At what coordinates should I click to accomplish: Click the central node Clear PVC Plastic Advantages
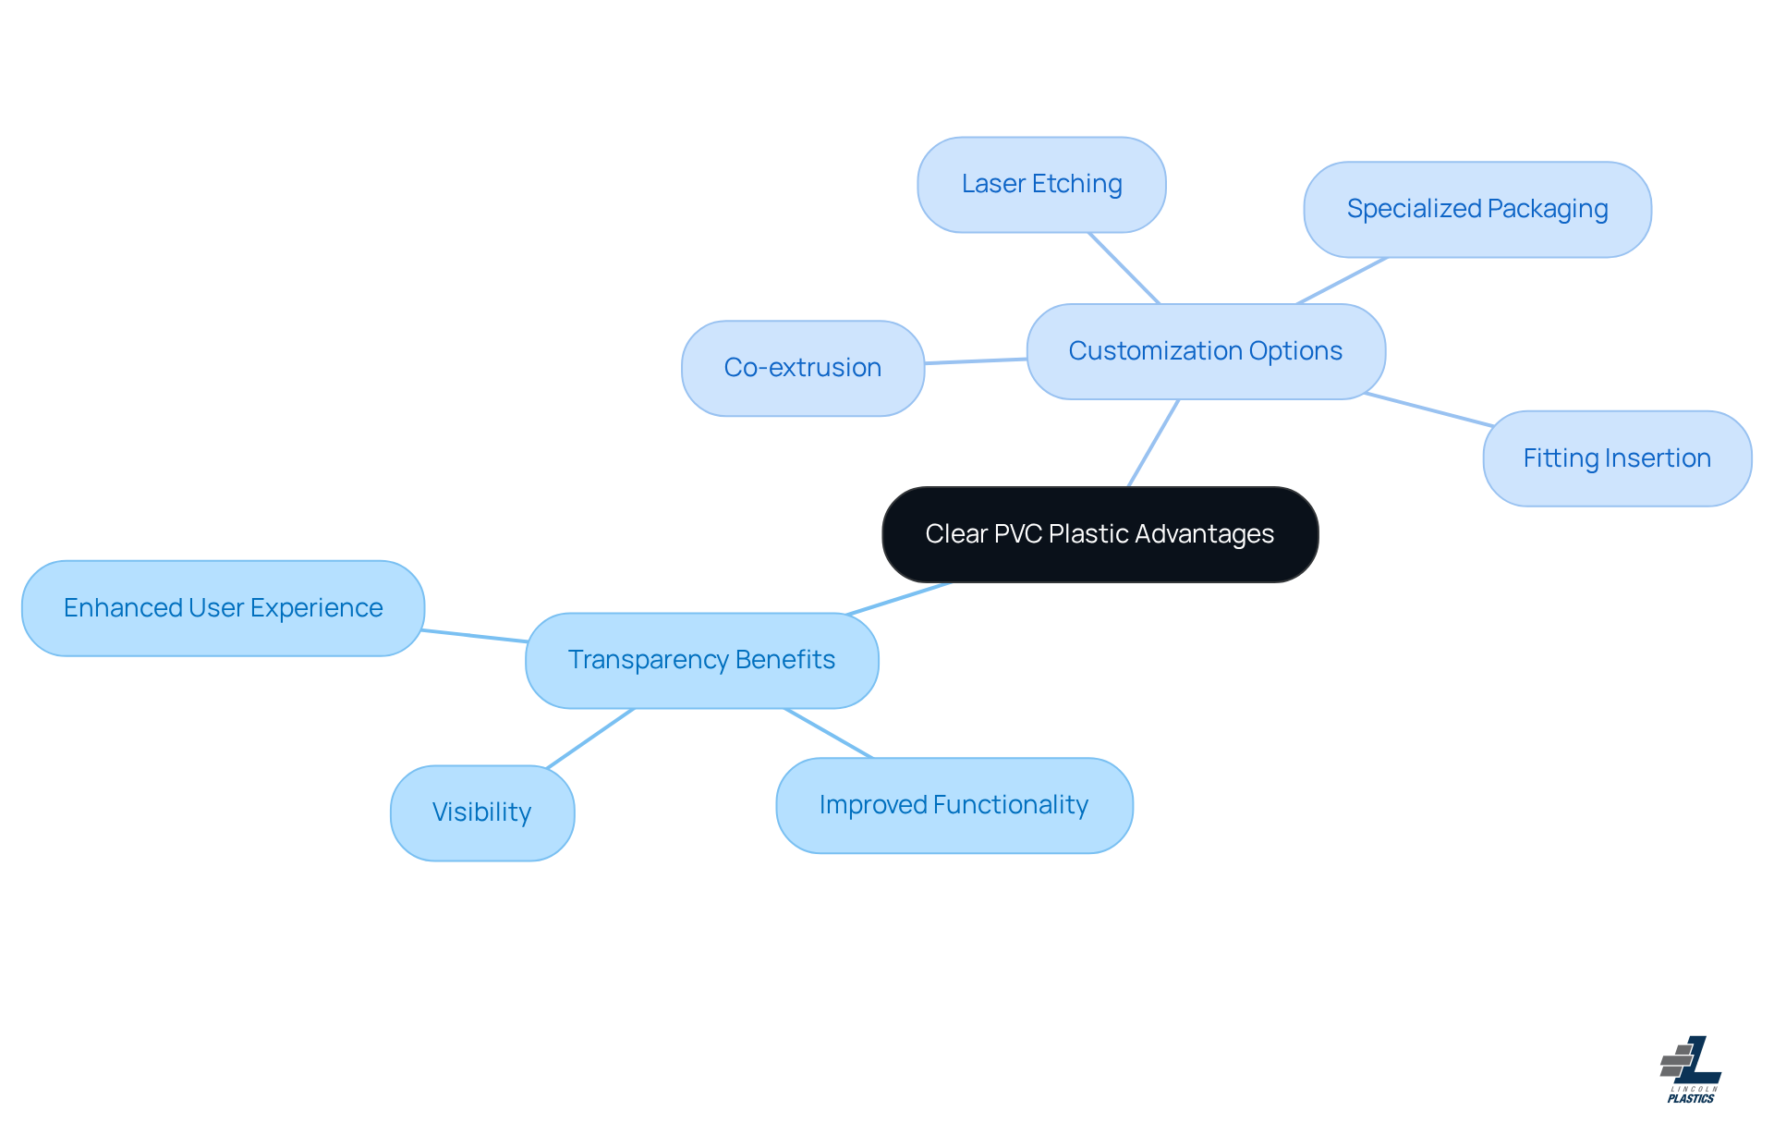[x=1100, y=534]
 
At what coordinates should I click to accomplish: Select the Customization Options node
[x=1205, y=351]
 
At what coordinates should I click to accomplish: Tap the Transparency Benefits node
[x=701, y=660]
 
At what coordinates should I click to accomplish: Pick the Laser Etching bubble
[x=1041, y=184]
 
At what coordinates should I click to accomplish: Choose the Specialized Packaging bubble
[x=1476, y=209]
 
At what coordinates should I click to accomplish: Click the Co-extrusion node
[x=802, y=368]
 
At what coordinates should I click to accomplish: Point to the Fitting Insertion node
[x=1616, y=458]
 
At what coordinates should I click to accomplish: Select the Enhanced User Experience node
[x=223, y=608]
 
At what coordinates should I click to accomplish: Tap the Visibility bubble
[x=481, y=812]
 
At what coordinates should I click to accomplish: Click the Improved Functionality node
[x=954, y=805]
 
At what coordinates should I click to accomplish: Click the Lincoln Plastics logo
[x=1690, y=1069]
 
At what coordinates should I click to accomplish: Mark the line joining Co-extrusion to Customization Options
[x=975, y=361]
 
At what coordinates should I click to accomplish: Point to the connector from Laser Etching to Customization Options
[x=1124, y=267]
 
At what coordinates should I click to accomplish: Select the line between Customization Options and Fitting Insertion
[x=1428, y=409]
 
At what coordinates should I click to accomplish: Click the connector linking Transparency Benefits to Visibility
[x=590, y=738]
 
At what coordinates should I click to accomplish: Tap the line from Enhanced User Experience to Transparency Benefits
[x=475, y=636]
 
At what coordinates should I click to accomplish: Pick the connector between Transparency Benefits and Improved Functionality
[x=828, y=733]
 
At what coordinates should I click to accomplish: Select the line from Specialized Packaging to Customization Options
[x=1342, y=280]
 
